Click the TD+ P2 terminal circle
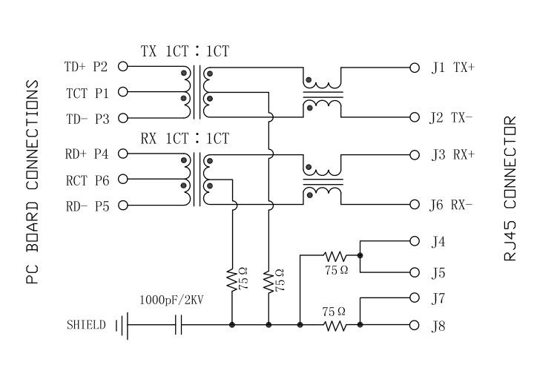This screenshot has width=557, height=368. [x=123, y=67]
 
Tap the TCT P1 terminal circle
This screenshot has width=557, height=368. [x=123, y=92]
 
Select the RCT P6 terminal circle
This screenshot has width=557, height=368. [x=123, y=179]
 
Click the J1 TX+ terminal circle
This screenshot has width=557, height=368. [x=415, y=67]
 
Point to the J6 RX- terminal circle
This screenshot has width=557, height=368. [x=415, y=205]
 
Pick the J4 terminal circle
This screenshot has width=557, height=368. [x=415, y=241]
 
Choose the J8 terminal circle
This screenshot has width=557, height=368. [x=415, y=325]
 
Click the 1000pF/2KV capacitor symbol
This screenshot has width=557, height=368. [x=178, y=325]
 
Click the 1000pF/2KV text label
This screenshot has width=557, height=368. [x=171, y=301]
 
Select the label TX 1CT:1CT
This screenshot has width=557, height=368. [x=185, y=52]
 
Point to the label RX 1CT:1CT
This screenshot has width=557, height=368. [x=185, y=139]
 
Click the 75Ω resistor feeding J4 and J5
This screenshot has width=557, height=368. [x=334, y=256]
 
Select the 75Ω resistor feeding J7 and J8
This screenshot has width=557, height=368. [x=335, y=325]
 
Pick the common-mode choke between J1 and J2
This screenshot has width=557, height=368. [x=322, y=93]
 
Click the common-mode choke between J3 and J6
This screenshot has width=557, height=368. [x=322, y=180]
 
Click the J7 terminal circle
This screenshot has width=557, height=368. [x=415, y=298]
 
